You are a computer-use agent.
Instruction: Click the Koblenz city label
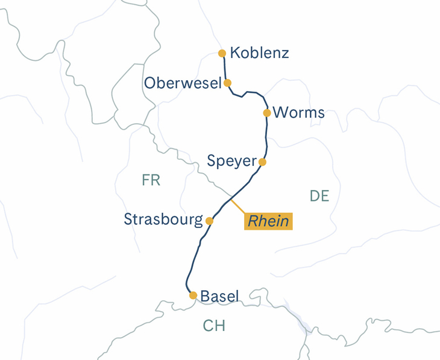(260, 53)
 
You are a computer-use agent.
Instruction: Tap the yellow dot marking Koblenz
(222, 53)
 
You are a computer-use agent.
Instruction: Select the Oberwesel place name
(183, 83)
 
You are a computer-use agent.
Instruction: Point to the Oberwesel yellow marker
(227, 83)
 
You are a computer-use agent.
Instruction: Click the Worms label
(299, 113)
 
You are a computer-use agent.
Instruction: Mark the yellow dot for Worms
(267, 113)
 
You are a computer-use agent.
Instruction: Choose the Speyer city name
(231, 162)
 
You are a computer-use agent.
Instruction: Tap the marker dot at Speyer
(262, 162)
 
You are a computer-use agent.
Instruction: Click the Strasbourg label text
(163, 220)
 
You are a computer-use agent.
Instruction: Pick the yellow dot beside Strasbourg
(209, 221)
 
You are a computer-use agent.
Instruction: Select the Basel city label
(219, 296)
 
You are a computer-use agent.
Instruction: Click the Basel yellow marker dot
(193, 295)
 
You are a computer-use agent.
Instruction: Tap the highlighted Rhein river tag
(268, 221)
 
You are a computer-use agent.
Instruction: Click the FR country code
(151, 180)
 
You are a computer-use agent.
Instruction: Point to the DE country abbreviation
(319, 196)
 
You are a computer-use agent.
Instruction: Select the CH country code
(214, 326)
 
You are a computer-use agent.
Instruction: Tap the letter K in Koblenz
(236, 53)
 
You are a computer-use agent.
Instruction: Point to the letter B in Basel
(205, 296)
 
